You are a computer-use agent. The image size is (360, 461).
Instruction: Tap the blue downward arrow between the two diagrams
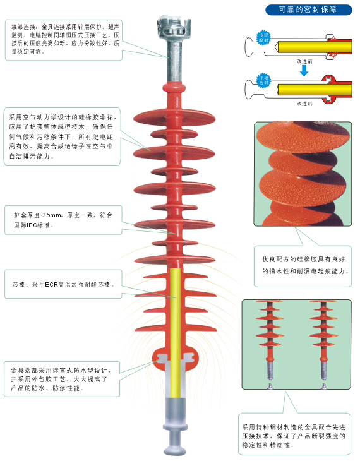[304, 70]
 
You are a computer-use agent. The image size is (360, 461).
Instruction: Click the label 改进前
[304, 62]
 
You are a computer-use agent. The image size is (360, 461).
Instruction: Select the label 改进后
[304, 102]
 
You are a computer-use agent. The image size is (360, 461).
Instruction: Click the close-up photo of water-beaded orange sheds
[302, 174]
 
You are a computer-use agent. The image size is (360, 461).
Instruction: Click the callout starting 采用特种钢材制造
[294, 435]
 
